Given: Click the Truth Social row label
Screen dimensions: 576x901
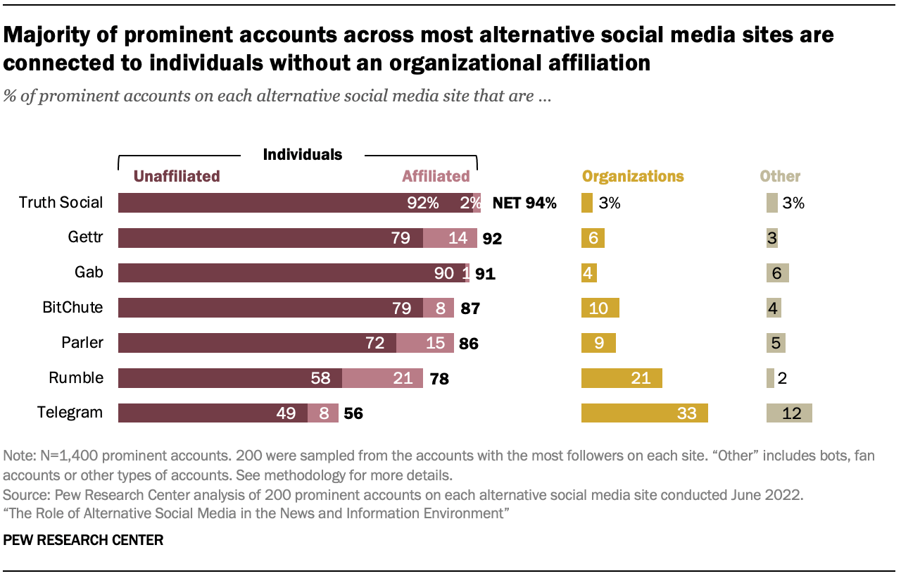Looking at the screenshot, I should tap(61, 203).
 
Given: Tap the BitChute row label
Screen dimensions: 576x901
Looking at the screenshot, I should tap(73, 308).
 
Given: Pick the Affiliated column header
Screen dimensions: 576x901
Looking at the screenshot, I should tap(436, 176).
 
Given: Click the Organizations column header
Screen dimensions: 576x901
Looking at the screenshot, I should tap(632, 176).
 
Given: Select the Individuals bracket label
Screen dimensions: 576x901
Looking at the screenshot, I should tap(302, 154).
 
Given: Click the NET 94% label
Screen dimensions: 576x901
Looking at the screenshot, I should tap(524, 204).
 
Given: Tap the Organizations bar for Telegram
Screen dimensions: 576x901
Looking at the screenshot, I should tap(644, 413).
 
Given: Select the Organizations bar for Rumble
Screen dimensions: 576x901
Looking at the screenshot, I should tap(622, 378).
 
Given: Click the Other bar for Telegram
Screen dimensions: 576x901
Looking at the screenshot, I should tap(789, 413).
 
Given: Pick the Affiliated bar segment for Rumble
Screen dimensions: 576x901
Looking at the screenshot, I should tap(382, 378).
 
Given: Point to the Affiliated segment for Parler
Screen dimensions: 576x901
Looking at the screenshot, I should tap(425, 343).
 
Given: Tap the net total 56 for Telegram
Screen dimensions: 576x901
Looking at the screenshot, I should tap(353, 414).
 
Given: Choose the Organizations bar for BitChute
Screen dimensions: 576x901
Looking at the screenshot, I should tap(600, 308).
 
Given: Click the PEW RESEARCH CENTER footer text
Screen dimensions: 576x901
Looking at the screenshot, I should tap(84, 540).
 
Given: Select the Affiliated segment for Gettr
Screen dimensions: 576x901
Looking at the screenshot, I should tap(450, 238).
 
